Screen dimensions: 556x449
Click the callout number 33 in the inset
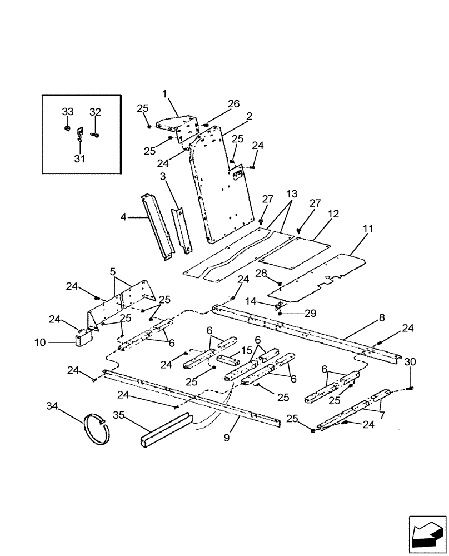[x=67, y=112]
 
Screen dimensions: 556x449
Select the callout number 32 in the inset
[x=96, y=112]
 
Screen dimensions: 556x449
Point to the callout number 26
[x=233, y=103]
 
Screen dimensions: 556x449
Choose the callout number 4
[x=124, y=218]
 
